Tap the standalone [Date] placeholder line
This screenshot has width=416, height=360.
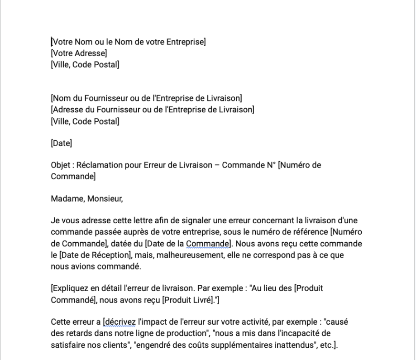pyautogui.click(x=62, y=144)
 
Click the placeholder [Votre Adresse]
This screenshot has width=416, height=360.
pyautogui.click(x=79, y=53)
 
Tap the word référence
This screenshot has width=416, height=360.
pyautogui.click(x=312, y=232)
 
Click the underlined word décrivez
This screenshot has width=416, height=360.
pyautogui.click(x=120, y=322)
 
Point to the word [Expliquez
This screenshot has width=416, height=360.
pyautogui.click(x=68, y=288)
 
